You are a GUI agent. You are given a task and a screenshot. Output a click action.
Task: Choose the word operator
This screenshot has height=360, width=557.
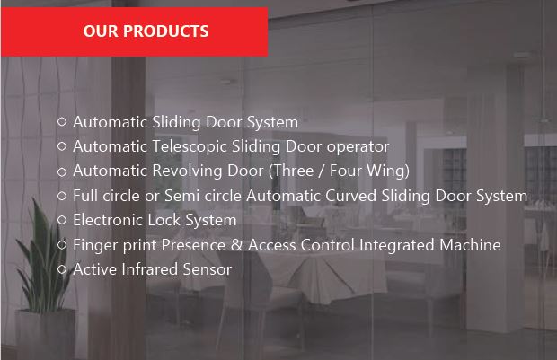click(358, 146)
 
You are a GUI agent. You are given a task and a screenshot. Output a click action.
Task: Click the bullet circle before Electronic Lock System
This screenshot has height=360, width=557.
click(62, 220)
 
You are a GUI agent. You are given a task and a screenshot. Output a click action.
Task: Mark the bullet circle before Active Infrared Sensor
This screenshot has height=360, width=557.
click(62, 269)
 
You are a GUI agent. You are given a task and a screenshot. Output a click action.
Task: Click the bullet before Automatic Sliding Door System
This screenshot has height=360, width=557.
click(62, 122)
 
